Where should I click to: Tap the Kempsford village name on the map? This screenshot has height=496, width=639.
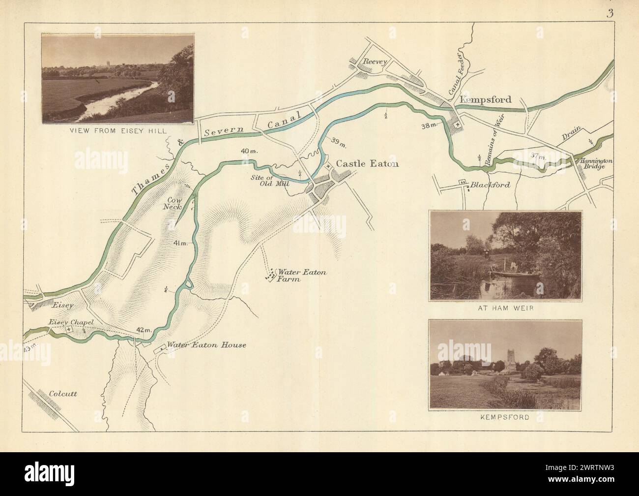click(485, 99)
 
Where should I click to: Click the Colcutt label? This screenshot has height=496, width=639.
click(64, 394)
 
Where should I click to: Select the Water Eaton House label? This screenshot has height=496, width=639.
click(206, 345)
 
